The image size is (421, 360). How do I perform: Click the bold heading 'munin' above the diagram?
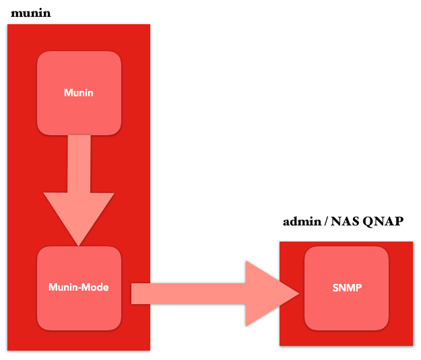[30, 13]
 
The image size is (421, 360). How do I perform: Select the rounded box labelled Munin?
[79, 93]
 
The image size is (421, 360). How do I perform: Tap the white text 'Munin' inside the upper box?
[79, 93]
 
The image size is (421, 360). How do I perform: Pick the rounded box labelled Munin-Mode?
[79, 289]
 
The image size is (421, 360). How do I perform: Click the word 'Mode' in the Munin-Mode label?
[95, 287]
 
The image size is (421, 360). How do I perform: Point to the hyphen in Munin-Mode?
[79, 289]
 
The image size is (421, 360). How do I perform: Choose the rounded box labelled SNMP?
[347, 289]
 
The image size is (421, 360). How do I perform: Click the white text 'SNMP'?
[347, 288]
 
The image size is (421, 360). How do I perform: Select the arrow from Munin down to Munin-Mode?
[79, 190]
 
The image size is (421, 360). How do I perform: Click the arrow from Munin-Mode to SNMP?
[215, 293]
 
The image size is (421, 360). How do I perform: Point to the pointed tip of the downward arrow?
[78, 246]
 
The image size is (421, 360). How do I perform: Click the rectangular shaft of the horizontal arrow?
[188, 294]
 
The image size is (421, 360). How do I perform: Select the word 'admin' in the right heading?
[302, 221]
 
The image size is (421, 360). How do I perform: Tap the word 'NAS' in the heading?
[345, 221]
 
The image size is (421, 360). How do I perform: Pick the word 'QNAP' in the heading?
[383, 221]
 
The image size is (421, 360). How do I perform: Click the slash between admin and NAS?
[326, 221]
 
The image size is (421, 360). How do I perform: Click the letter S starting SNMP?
[335, 288]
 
